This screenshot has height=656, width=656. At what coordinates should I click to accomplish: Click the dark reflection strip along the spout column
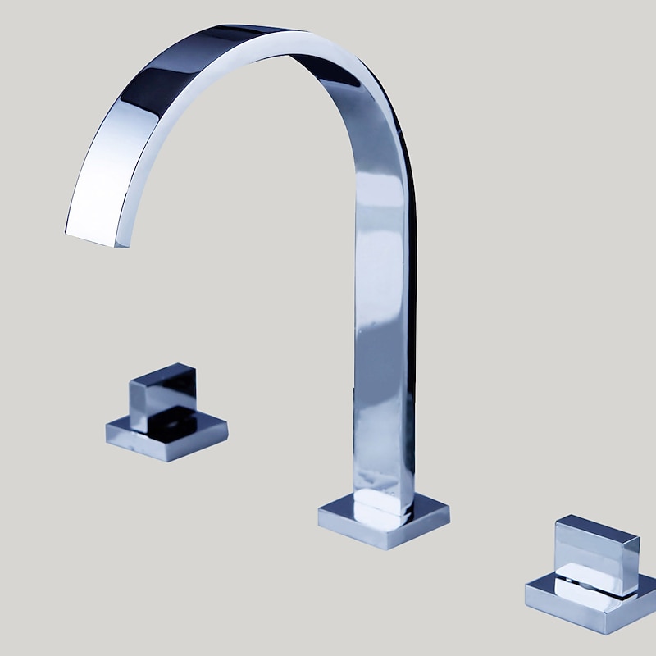[408, 328]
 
